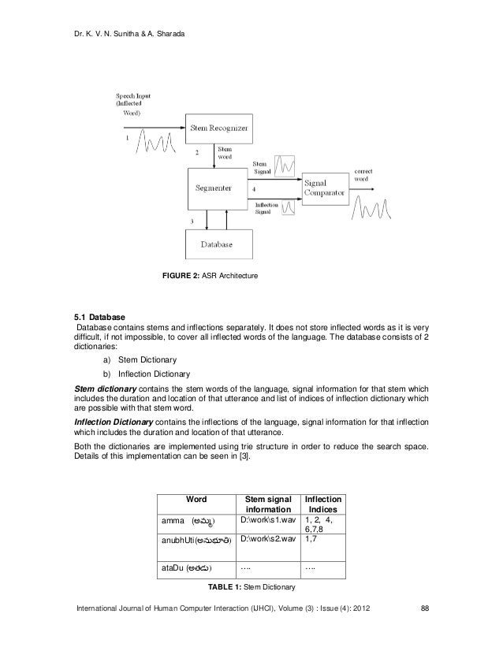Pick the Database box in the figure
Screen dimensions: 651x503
click(216, 244)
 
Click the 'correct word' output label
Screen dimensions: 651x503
click(363, 175)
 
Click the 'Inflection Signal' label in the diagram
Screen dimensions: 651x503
click(266, 206)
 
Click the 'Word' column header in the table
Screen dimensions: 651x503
click(196, 500)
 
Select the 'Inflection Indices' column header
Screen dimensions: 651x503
click(323, 505)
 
